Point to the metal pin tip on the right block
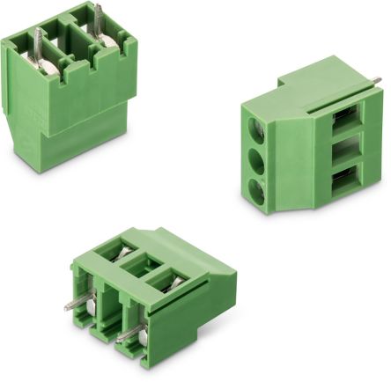click(376, 82)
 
